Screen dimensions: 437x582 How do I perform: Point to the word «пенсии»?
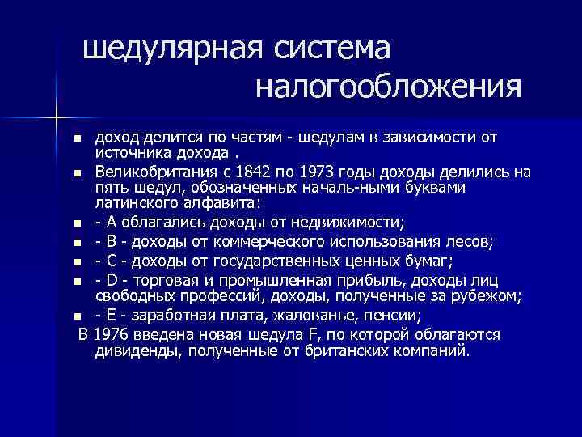click(x=349, y=316)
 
